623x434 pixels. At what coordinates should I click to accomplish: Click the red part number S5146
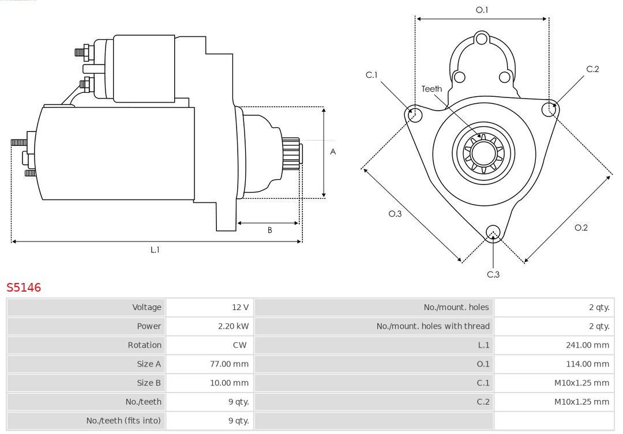(x=24, y=287)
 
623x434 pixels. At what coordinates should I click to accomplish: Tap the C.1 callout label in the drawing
(x=371, y=75)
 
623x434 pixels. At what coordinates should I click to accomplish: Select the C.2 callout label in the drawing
(x=592, y=69)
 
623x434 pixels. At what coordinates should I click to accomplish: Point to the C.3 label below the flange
(x=493, y=274)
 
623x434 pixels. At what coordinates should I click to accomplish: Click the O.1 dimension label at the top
(x=482, y=10)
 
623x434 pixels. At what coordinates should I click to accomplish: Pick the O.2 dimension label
(x=581, y=228)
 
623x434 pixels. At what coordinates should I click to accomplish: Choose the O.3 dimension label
(x=395, y=214)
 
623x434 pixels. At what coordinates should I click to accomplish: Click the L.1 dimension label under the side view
(x=155, y=250)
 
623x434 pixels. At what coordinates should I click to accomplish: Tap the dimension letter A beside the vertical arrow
(x=333, y=152)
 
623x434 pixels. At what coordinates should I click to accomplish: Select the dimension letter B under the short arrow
(x=269, y=231)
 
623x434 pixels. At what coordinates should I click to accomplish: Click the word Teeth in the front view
(x=431, y=89)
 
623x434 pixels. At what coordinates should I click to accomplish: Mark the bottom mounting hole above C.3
(x=493, y=232)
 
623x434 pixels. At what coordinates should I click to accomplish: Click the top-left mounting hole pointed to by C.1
(x=413, y=115)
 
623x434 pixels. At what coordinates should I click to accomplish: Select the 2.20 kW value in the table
(x=233, y=326)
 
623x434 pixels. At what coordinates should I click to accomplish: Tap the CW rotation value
(x=240, y=345)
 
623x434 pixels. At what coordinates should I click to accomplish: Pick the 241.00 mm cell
(x=587, y=345)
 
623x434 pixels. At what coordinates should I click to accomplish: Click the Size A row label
(x=149, y=364)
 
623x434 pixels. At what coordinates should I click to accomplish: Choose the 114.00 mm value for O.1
(x=587, y=364)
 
